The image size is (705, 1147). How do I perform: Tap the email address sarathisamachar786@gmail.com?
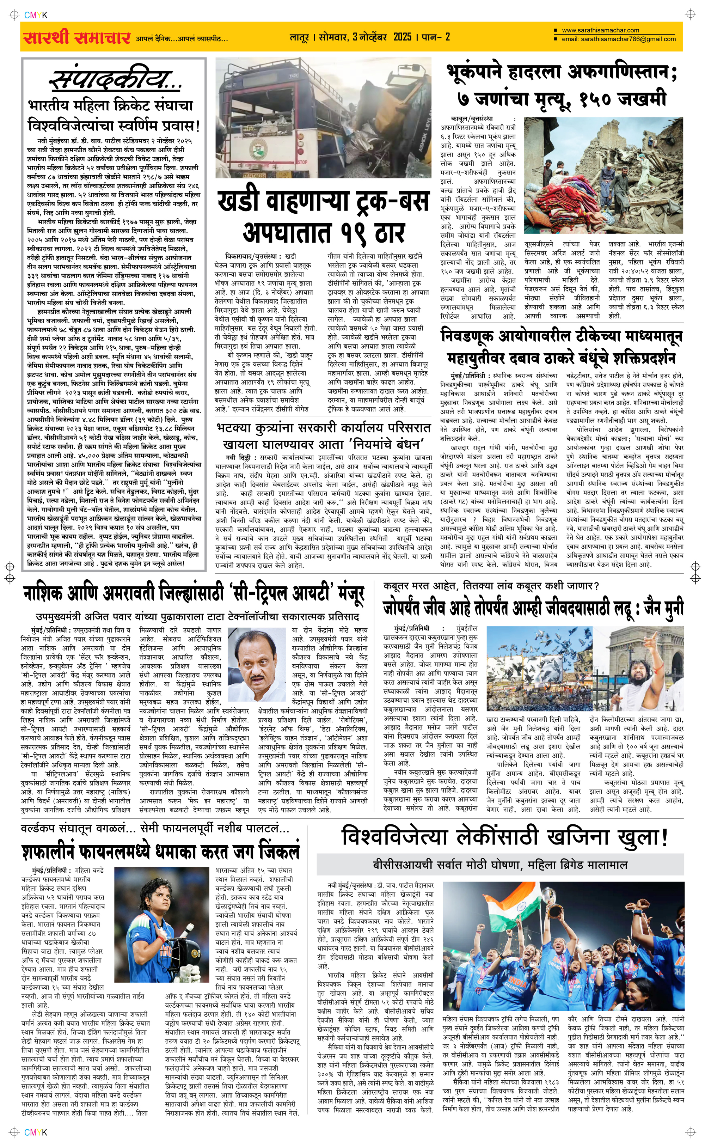coord(618,39)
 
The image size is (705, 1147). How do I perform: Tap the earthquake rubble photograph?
coord(603,175)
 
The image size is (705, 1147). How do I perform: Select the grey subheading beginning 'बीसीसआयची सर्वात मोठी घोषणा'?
coord(499,865)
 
